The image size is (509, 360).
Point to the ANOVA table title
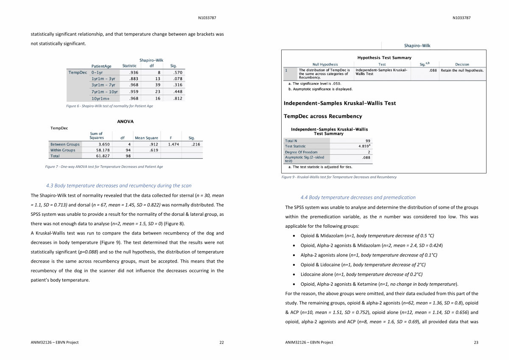pyautogui.click(x=125, y=121)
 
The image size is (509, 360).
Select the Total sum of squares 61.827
pyautogui.click(x=101, y=156)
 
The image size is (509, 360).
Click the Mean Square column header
pyautogui.click(x=146, y=138)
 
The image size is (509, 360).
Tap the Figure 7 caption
pyautogui.click(x=104, y=167)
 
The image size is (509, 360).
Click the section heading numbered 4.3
pyautogui.click(x=119, y=185)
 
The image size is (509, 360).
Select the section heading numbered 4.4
pyautogui.click(x=358, y=197)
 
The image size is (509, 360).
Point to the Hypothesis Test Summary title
pyautogui.click(x=384, y=58)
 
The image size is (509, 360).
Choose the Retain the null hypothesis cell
pyautogui.click(x=462, y=70)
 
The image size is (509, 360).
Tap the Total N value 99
pyautogui.click(x=367, y=141)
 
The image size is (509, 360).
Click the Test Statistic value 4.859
pyautogui.click(x=365, y=146)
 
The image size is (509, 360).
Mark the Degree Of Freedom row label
pyautogui.click(x=301, y=152)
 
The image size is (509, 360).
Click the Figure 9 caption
pyautogui.click(x=339, y=177)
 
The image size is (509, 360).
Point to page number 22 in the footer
pyautogui.click(x=221, y=342)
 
